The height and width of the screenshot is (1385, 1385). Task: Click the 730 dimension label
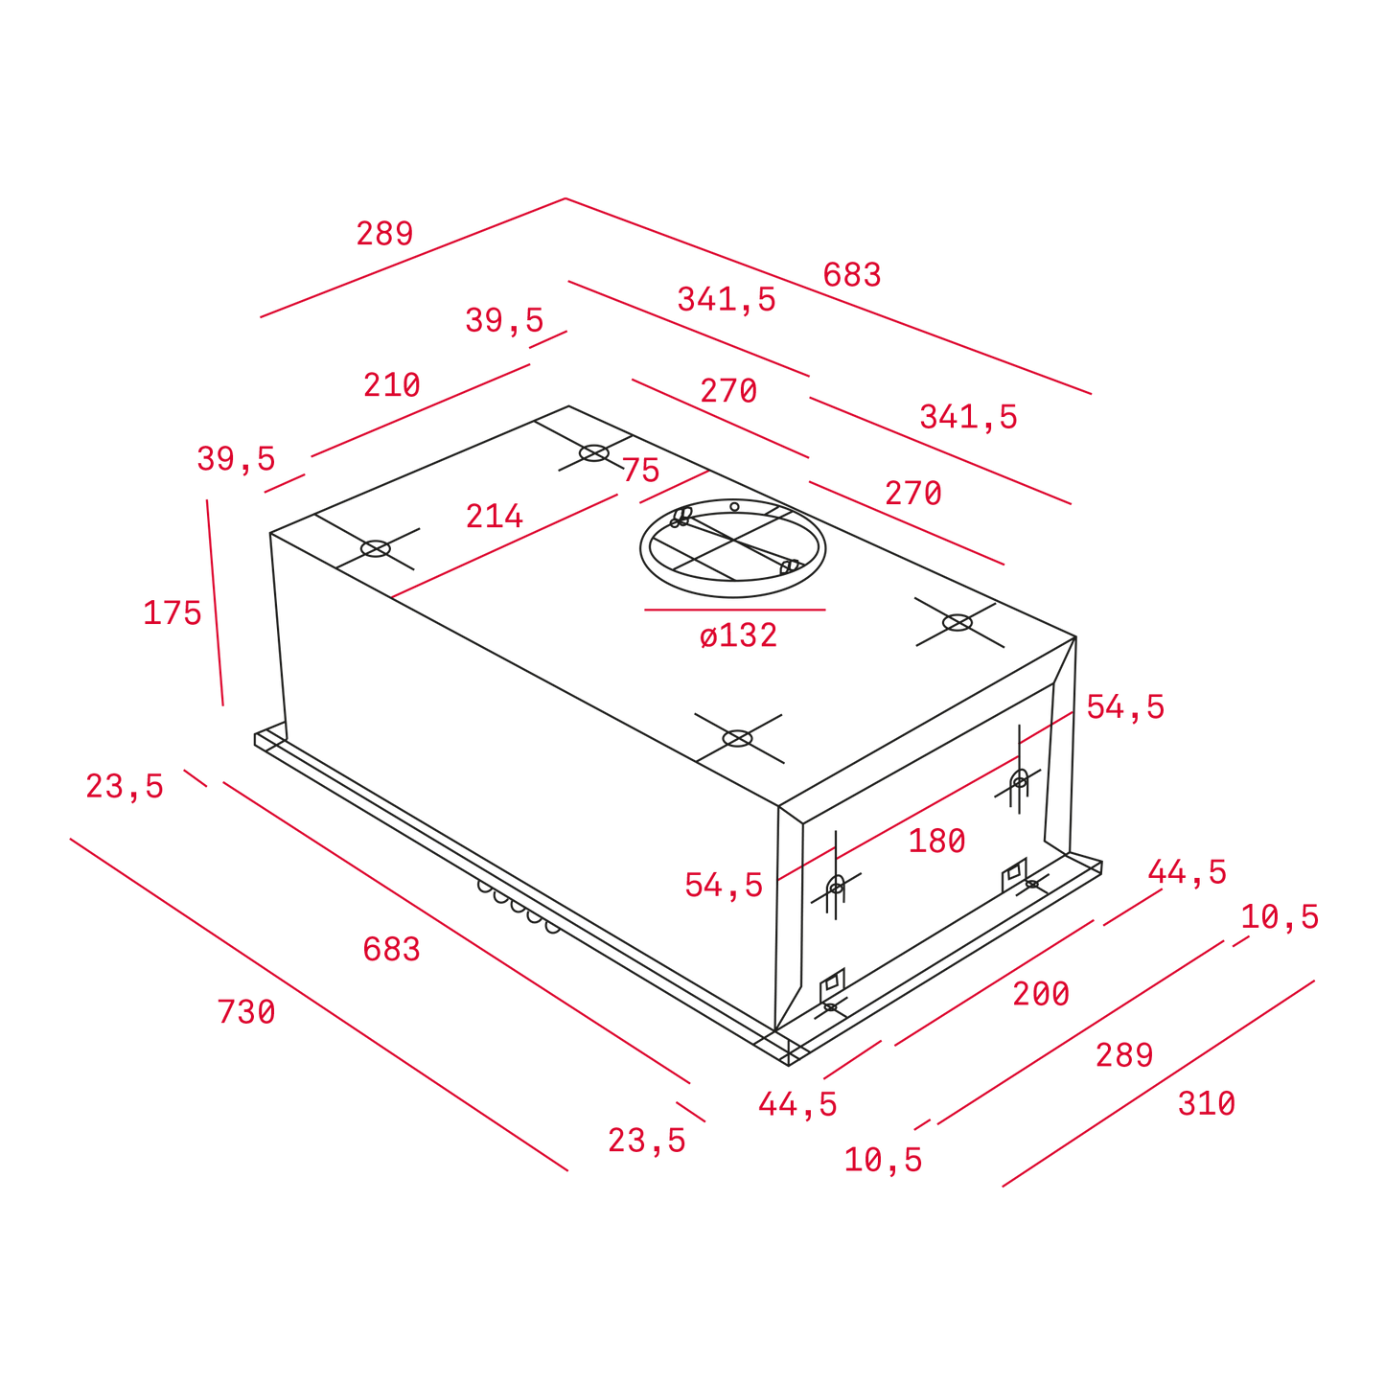pyautogui.click(x=246, y=1012)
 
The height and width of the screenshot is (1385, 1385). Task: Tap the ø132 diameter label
pyautogui.click(x=738, y=635)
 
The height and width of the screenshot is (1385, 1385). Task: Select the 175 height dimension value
pyautogui.click(x=173, y=613)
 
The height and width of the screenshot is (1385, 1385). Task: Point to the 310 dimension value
pyautogui.click(x=1207, y=1103)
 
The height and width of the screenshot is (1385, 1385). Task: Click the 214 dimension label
pyautogui.click(x=495, y=516)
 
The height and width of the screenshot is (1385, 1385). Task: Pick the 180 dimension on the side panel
pyautogui.click(x=936, y=841)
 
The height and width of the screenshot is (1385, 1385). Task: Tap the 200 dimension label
pyautogui.click(x=1042, y=994)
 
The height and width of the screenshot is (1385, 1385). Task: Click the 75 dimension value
pyautogui.click(x=641, y=470)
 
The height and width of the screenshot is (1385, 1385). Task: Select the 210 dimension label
pyautogui.click(x=392, y=385)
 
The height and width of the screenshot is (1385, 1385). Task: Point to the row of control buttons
pyautogui.click(x=519, y=907)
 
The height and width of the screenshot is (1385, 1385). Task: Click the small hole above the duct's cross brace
pyautogui.click(x=734, y=507)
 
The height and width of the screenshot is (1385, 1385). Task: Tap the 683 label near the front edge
pyautogui.click(x=392, y=950)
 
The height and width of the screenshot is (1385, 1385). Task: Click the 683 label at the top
pyautogui.click(x=852, y=274)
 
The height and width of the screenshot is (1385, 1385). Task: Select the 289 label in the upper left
pyautogui.click(x=385, y=234)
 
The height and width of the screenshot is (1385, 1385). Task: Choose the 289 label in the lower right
pyautogui.click(x=1125, y=1055)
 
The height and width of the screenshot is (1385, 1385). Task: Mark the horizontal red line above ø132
pyautogui.click(x=734, y=610)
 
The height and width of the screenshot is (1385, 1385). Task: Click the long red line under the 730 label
pyautogui.click(x=319, y=1004)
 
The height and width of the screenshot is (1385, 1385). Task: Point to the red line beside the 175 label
pyautogui.click(x=215, y=602)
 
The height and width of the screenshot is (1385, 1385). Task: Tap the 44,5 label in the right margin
pyautogui.click(x=1188, y=872)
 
